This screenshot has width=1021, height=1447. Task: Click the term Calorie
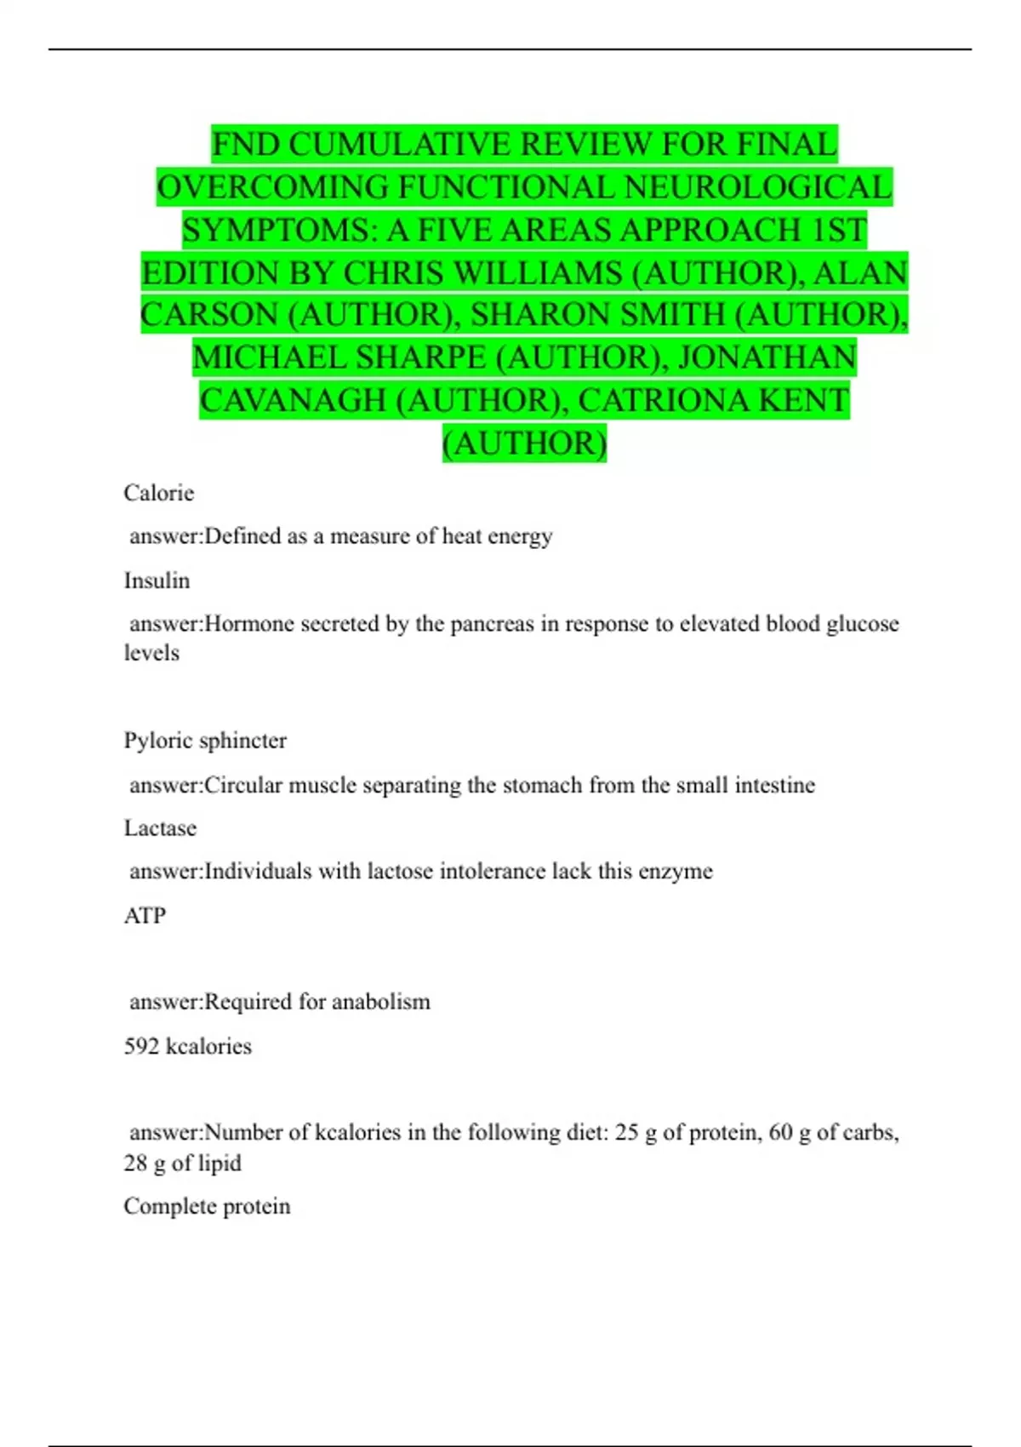[x=158, y=493]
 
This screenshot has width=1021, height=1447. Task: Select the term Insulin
[x=157, y=581]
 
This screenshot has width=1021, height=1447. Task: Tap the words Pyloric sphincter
[x=205, y=741]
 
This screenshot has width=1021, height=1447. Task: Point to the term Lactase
[x=160, y=828]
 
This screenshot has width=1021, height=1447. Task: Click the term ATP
[x=145, y=916]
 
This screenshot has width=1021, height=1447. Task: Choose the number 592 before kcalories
[x=141, y=1046]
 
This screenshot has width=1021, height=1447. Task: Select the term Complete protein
[x=207, y=1206]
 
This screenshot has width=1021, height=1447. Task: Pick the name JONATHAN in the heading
[x=767, y=357]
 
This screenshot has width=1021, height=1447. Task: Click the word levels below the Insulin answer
[x=151, y=653]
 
